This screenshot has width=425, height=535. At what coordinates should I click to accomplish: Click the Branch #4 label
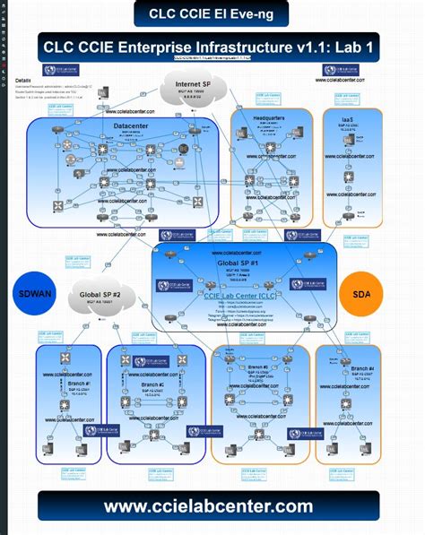point(362,368)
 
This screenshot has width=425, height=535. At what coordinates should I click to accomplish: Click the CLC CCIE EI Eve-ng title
point(212,13)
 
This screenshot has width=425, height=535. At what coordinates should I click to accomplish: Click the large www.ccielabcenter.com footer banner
point(208,506)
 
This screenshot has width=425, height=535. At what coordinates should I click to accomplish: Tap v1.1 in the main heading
point(298,46)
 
